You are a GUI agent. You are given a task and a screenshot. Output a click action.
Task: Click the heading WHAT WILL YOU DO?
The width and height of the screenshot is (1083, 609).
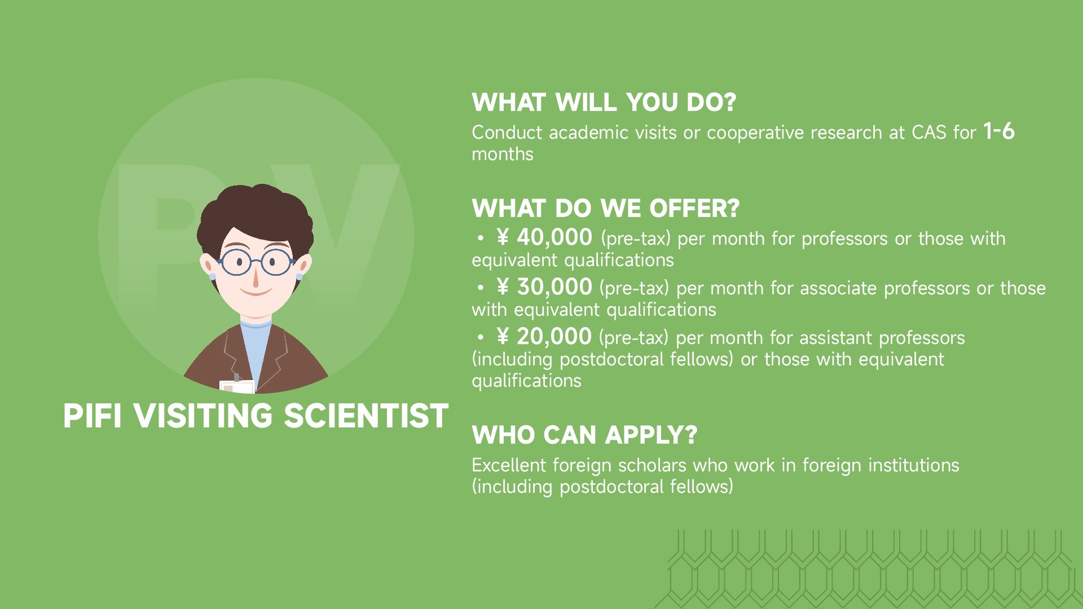604,102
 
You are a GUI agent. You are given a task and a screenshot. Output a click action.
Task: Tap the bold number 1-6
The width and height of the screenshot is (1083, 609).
999,131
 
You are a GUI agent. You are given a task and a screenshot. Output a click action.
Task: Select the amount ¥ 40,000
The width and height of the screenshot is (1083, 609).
544,237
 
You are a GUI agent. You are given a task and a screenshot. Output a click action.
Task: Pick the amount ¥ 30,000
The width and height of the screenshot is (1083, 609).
544,287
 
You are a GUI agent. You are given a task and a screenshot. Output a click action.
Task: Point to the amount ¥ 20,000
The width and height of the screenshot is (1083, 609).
544,337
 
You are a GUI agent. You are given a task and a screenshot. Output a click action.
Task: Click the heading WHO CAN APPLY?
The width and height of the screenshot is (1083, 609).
585,435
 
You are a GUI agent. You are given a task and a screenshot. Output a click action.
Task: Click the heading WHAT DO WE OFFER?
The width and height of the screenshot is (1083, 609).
606,208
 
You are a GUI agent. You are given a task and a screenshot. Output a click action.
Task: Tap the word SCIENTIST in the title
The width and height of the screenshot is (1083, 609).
366,416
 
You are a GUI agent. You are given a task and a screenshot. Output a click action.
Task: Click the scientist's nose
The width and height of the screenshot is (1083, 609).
256,279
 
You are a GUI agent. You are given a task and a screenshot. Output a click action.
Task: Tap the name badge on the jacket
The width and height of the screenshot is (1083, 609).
237,387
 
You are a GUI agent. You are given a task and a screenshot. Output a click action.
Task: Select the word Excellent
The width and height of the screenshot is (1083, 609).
509,465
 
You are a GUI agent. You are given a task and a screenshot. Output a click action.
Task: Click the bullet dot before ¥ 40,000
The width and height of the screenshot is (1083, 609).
480,239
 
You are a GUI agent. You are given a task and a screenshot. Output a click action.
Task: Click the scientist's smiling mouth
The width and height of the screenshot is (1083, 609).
256,293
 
